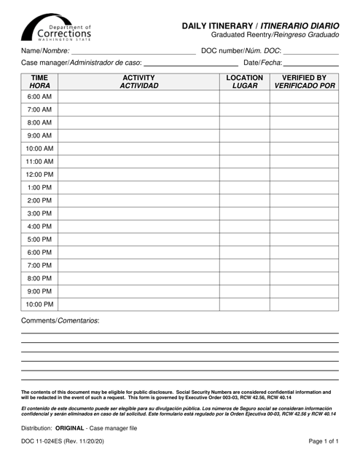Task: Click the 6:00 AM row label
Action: click(x=39, y=97)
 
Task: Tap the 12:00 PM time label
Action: click(x=39, y=175)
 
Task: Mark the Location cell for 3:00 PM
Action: click(x=244, y=213)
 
